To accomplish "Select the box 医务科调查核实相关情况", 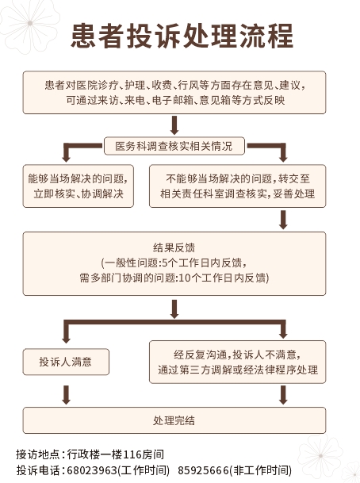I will pyautogui.click(x=174, y=147).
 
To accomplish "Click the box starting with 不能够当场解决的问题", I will pyautogui.click(x=237, y=186).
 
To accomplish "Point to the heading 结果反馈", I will pyautogui.click(x=174, y=247).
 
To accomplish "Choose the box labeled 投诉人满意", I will pyautogui.click(x=66, y=362).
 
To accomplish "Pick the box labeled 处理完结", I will pyautogui.click(x=174, y=420).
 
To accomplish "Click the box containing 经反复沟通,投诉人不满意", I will pyautogui.click(x=237, y=362).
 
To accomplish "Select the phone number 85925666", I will pyautogui.click(x=205, y=470).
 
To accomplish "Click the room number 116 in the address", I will pyautogui.click(x=132, y=454).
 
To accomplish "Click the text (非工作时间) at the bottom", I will pyautogui.click(x=262, y=470).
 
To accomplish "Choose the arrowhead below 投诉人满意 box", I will pyautogui.click(x=66, y=400).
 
